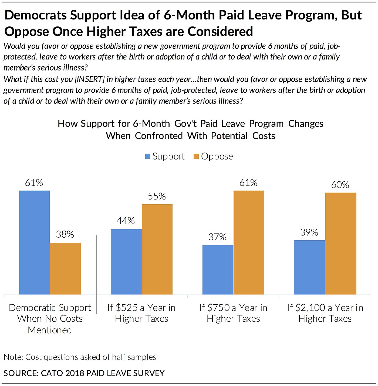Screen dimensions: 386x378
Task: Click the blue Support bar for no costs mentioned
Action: (x=34, y=242)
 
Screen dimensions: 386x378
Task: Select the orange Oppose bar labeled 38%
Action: (x=65, y=269)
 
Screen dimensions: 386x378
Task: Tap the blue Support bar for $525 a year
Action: (x=126, y=262)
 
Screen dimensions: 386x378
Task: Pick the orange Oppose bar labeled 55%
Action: (x=157, y=249)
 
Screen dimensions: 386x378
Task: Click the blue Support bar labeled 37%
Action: (x=218, y=269)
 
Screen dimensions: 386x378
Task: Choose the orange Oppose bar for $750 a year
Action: (x=249, y=242)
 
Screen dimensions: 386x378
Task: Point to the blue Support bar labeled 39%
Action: (x=309, y=267)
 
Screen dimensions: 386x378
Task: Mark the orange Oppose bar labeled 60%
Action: (x=341, y=244)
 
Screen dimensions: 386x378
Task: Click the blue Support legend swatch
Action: (x=148, y=156)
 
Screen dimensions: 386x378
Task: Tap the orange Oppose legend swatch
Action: (x=196, y=156)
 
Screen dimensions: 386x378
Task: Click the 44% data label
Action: (x=126, y=221)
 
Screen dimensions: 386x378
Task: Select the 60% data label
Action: (x=340, y=185)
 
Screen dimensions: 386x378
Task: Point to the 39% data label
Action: (x=309, y=232)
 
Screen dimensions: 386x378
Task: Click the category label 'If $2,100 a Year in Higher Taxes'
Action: (x=325, y=313)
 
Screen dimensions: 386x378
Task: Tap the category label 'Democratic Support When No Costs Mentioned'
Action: (x=50, y=319)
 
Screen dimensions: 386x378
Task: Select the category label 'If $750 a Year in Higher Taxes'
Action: (x=233, y=313)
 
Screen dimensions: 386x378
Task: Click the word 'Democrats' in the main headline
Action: (x=36, y=15)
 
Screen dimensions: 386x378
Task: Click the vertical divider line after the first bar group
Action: (x=96, y=274)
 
